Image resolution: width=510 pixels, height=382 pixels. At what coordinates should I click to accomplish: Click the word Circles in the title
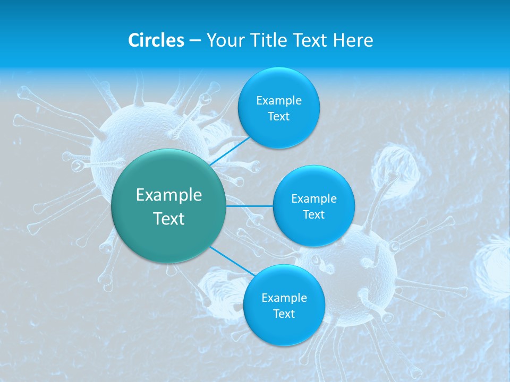point(156,40)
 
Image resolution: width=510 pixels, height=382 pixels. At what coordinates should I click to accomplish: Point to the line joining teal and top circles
point(229,151)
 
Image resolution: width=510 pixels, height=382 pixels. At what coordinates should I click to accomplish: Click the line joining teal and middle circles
point(250,206)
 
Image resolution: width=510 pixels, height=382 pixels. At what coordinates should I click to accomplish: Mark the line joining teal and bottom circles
point(232,261)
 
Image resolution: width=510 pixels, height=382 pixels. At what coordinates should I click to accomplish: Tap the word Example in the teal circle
point(169,195)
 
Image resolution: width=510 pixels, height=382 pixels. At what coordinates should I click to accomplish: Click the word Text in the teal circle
point(169,219)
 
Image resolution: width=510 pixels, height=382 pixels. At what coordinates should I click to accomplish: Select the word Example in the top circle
point(279,100)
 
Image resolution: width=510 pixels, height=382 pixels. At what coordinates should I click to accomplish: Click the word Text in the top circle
point(279,116)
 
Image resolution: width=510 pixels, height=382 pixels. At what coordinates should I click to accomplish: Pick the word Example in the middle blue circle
point(314,198)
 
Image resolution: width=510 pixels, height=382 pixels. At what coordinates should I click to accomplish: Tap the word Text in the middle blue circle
point(314,214)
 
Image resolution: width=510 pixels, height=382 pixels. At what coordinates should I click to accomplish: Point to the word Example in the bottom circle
point(284,298)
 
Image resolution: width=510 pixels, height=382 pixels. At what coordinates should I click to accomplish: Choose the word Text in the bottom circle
point(284,314)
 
